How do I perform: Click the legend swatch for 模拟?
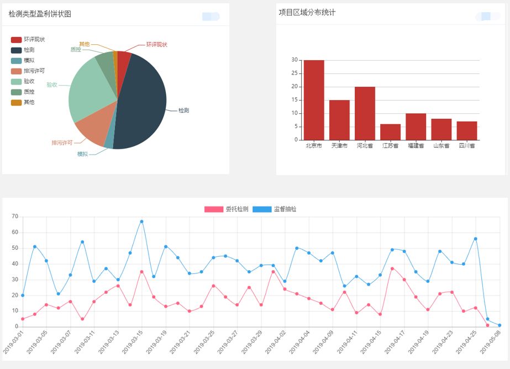[17, 61]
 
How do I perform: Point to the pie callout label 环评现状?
[156, 44]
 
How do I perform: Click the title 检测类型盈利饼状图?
[40, 14]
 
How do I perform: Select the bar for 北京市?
[314, 100]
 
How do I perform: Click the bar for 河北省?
[365, 113]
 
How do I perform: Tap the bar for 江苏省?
[391, 132]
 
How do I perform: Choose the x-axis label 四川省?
[467, 146]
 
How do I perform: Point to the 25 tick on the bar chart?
[295, 73]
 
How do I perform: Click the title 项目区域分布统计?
[307, 13]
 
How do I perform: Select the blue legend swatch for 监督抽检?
[262, 209]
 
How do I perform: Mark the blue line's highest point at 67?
[141, 222]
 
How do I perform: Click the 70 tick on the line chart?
[15, 217]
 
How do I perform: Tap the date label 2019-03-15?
[133, 342]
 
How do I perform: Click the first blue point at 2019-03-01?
[23, 296]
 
